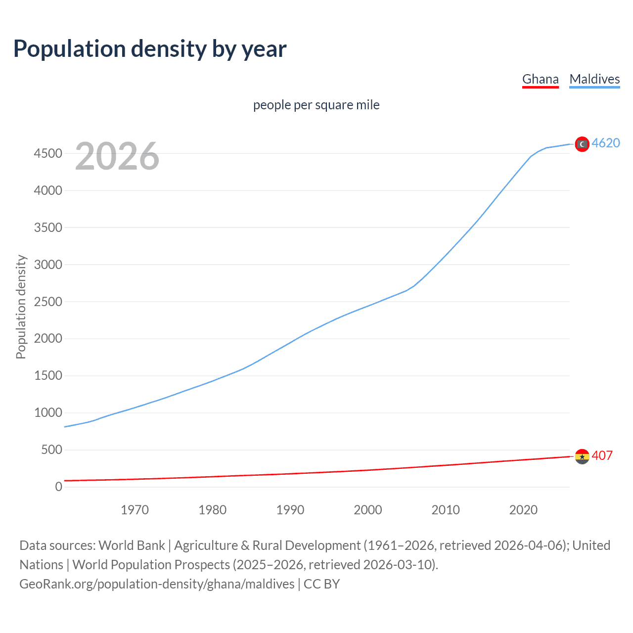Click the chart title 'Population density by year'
tap(150, 49)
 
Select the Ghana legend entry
tap(540, 79)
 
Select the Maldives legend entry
tap(594, 79)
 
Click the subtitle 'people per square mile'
tap(316, 105)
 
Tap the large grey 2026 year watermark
tap(117, 156)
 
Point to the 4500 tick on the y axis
tap(48, 153)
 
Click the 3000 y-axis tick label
tap(48, 265)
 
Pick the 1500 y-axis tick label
tap(48, 376)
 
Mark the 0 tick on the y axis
tap(58, 487)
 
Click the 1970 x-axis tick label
tap(135, 510)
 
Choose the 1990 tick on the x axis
tap(290, 510)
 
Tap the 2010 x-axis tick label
tap(446, 510)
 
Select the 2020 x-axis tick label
tap(523, 510)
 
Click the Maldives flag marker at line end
tap(582, 144)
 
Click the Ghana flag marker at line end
tap(582, 456)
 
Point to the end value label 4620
tap(606, 143)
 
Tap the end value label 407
tap(602, 455)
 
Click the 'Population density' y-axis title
tap(21, 307)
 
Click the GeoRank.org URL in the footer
tap(157, 584)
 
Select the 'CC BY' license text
tap(321, 584)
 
